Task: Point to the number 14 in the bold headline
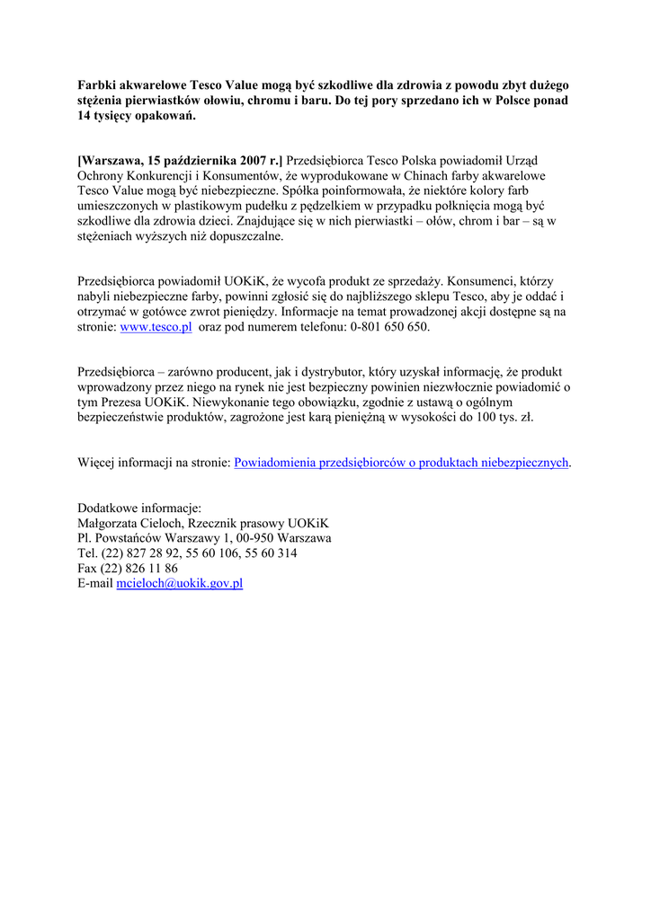(x=85, y=117)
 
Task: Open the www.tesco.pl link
(x=156, y=328)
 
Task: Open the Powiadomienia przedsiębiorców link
(x=401, y=462)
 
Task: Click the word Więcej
(x=99, y=462)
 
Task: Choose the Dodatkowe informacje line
(x=139, y=508)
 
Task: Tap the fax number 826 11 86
(x=155, y=569)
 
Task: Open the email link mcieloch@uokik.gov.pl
(x=180, y=584)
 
